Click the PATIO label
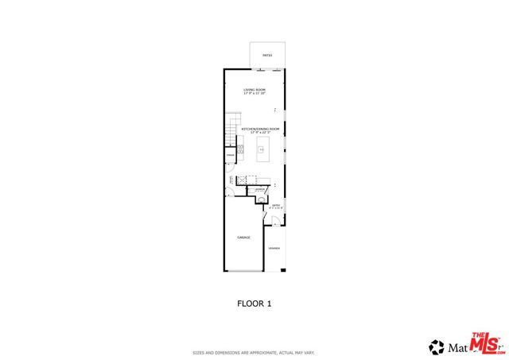pos(268,55)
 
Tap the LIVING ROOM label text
pos(254,90)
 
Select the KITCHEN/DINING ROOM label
pos(266,128)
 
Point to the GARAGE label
pos(243,238)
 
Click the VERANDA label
pos(274,249)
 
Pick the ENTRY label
pos(276,205)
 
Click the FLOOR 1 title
pos(254,303)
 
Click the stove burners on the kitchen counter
pos(239,148)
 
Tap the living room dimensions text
pos(254,95)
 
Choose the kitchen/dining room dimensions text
pos(266,132)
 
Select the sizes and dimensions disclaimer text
pos(254,352)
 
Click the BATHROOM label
pos(258,189)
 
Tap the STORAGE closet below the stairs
pos(229,167)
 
